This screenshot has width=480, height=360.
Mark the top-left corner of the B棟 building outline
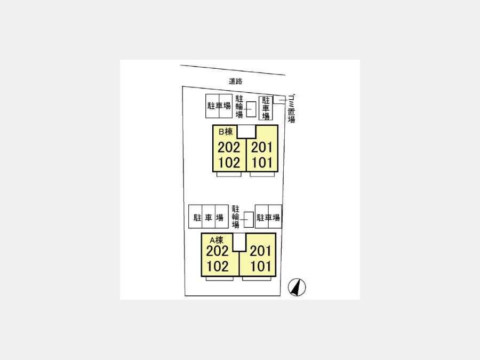coord(213,125)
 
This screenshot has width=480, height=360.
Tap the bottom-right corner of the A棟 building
coord(276,276)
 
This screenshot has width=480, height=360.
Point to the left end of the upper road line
coord(180,65)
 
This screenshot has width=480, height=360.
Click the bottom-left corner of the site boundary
coord(185,295)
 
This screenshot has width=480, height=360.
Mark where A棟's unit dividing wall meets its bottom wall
coord(239,276)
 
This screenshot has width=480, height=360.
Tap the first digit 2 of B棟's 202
coord(221,148)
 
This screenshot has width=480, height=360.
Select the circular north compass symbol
coord(297,287)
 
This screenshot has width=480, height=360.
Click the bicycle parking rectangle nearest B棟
coord(251,109)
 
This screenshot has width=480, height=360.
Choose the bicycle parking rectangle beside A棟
coord(249,220)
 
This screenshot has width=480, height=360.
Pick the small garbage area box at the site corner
coord(278,100)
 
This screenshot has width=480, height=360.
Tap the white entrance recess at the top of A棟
coord(239,242)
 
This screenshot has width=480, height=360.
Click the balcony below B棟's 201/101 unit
coord(262,174)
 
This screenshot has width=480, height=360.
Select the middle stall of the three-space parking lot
coord(209,217)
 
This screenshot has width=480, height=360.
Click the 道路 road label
coord(236,82)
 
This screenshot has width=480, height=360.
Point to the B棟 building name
coord(226,132)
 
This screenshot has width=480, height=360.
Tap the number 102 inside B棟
coord(229,163)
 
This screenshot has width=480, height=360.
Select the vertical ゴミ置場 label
coord(291,109)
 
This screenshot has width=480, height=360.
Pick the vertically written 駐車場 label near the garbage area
coord(266,108)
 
